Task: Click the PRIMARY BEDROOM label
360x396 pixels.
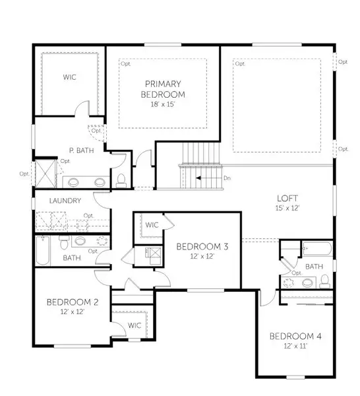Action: pos(163,88)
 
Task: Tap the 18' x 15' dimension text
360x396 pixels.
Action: pos(163,104)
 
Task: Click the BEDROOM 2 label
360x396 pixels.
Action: pos(73,302)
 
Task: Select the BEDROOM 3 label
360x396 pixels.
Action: pos(202,247)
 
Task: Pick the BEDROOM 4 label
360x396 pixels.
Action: pos(295,337)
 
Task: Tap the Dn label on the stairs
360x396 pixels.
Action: pos(227,178)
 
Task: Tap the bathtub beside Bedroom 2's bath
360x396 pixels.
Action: pos(43,251)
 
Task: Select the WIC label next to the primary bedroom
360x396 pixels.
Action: pos(69,77)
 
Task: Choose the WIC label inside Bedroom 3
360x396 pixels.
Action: pos(151,225)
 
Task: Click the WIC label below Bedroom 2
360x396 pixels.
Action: pos(135,325)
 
